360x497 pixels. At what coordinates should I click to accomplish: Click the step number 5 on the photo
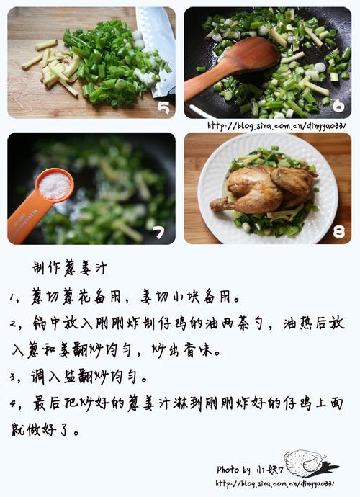click(163, 108)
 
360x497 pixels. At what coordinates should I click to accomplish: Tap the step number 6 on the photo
click(338, 106)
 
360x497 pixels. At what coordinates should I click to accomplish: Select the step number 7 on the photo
click(158, 233)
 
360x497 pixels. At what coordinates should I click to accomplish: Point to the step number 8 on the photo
click(339, 232)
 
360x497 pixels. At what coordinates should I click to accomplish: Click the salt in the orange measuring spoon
click(55, 186)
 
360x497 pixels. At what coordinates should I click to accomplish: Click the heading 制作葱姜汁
click(70, 268)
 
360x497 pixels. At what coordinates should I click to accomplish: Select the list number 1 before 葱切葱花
click(12, 297)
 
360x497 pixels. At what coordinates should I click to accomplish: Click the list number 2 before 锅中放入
click(13, 324)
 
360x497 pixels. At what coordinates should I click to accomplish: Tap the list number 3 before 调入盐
click(13, 377)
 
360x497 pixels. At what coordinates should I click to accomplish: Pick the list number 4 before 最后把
click(13, 404)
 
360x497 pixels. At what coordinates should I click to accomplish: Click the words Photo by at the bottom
click(233, 470)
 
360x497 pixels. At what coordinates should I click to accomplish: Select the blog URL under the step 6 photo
click(276, 126)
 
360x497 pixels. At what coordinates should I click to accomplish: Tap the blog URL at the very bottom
click(275, 484)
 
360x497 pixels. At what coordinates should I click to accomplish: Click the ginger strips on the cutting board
click(53, 66)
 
